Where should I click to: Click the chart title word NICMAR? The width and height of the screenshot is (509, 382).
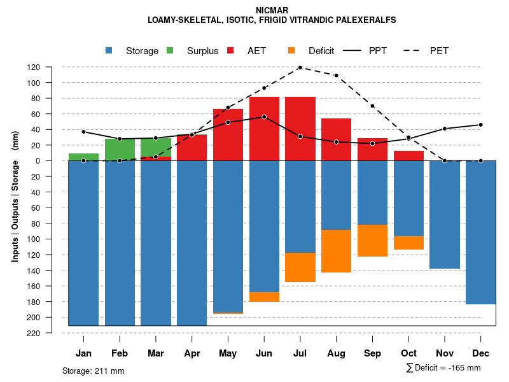point(272,10)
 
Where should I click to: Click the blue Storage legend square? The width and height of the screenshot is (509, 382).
point(109,50)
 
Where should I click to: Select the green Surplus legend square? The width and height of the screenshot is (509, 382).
point(170,50)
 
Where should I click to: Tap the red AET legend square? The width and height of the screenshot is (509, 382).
point(231,50)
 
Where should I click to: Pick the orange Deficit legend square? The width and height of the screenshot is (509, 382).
point(291,50)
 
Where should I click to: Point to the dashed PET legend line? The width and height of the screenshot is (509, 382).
point(413,50)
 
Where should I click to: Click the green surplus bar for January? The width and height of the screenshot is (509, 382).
point(83,157)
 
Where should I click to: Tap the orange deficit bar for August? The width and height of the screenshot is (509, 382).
point(337,251)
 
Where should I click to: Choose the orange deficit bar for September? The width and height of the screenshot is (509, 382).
point(373,241)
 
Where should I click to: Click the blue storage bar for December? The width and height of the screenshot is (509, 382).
point(481,232)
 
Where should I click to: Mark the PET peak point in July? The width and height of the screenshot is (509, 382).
point(300,67)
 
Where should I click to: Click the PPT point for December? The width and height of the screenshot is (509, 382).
point(481,125)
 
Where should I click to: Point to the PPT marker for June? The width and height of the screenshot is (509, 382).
point(264,117)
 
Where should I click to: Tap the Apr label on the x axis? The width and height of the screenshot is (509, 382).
point(192,353)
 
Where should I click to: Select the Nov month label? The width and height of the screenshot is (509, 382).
point(445,353)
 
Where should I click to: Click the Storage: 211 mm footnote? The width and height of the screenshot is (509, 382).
point(93,371)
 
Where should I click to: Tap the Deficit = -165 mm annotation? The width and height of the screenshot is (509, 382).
point(443,368)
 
